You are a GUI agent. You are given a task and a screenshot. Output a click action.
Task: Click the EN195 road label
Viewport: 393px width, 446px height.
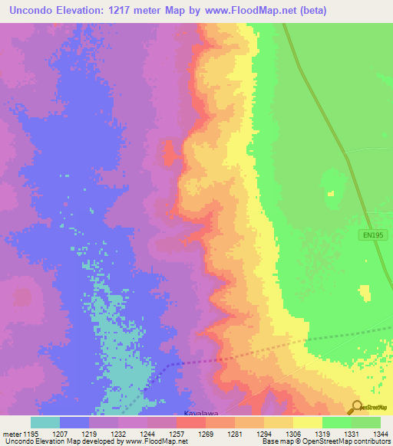pos(372,235)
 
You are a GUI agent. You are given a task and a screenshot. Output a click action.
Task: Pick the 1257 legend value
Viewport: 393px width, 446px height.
pos(177,434)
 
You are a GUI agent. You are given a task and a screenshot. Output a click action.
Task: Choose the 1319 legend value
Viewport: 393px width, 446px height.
pos(322,434)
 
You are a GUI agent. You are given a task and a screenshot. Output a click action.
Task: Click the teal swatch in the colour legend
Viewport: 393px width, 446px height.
pos(45,422)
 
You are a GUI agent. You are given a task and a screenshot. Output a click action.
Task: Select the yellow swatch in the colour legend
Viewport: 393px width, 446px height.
pos(307,422)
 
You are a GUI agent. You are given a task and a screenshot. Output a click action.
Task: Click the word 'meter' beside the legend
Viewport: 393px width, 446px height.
pos(12,434)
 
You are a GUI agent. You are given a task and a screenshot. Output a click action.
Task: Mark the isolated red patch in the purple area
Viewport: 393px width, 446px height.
pos(169,152)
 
